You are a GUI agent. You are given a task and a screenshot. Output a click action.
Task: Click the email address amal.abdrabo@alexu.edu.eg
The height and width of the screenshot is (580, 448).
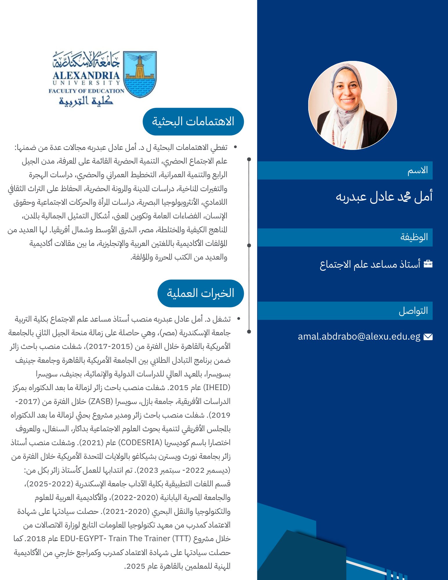[359, 336]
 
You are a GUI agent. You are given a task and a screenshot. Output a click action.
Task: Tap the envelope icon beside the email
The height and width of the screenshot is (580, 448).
[428, 337]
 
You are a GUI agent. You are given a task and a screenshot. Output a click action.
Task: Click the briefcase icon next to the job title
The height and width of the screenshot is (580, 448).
[428, 264]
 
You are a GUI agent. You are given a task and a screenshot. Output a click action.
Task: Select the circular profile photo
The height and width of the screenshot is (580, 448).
[352, 105]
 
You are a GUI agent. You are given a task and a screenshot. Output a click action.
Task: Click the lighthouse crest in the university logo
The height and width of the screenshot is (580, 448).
[140, 74]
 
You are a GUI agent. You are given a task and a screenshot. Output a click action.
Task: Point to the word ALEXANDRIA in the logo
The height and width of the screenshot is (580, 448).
[86, 75]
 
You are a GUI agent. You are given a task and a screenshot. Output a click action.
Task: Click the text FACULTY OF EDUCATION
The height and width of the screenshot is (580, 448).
[86, 91]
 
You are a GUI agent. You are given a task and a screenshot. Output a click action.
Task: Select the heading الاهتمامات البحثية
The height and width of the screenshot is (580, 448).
[193, 122]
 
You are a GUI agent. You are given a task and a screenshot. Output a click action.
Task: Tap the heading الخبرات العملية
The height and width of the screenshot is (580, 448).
[200, 293]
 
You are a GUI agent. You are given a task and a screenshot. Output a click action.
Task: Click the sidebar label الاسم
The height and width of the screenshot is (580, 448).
[418, 170]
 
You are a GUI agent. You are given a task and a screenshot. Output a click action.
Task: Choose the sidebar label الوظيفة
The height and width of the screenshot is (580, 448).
[414, 237]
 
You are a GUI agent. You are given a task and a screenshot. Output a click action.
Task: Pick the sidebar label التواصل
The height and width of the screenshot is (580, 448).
[413, 311]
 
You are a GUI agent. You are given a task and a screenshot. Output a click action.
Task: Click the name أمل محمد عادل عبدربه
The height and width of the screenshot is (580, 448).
[384, 197]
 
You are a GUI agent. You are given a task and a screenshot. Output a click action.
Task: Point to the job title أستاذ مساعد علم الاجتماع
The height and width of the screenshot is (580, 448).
[370, 264]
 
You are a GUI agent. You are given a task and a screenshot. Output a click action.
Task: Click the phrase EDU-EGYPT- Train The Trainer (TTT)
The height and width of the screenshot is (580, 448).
[125, 539]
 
